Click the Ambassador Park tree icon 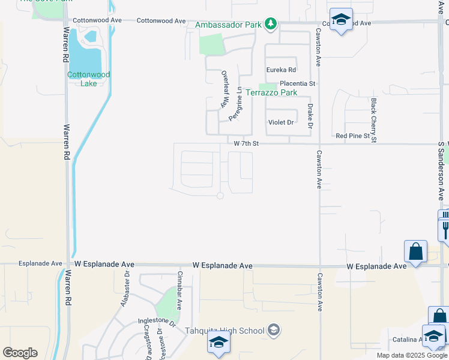tap(271, 24)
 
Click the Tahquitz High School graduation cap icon tap(274, 329)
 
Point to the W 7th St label tap(246, 143)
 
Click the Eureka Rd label tap(282, 70)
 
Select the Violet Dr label tap(281, 122)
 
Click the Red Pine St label tap(353, 136)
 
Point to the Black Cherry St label tap(373, 121)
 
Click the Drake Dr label tap(310, 116)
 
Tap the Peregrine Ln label tap(235, 103)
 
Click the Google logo tap(20, 353)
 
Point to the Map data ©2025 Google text tap(412, 355)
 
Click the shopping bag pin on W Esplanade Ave tap(416, 252)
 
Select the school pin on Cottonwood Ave tap(341, 20)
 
